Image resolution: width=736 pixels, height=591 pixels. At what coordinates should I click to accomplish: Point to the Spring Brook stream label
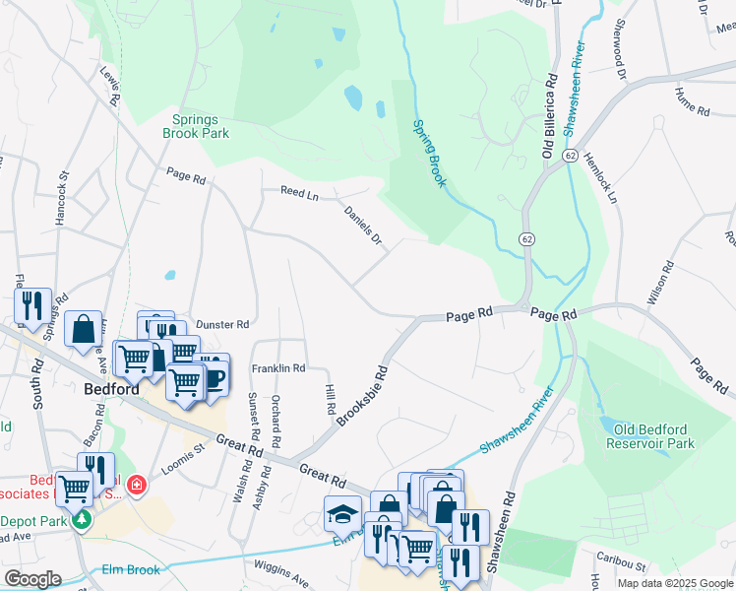pyautogui.click(x=429, y=153)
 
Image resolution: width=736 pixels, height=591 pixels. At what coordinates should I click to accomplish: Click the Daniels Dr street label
pyautogui.click(x=363, y=225)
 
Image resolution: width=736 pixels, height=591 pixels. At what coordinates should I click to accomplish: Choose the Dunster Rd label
pyautogui.click(x=222, y=323)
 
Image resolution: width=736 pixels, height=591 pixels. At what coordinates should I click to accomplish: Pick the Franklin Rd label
pyautogui.click(x=278, y=367)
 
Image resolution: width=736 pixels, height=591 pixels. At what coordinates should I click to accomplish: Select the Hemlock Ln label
pyautogui.click(x=599, y=177)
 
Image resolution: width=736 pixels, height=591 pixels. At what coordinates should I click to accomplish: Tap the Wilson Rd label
pyautogui.click(x=659, y=282)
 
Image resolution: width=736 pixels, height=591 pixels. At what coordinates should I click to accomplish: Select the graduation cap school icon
pyautogui.click(x=342, y=515)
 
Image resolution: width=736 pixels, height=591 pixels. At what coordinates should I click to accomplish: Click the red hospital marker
pyautogui.click(x=135, y=486)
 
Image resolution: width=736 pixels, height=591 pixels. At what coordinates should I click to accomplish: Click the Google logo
pyautogui.click(x=32, y=579)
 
